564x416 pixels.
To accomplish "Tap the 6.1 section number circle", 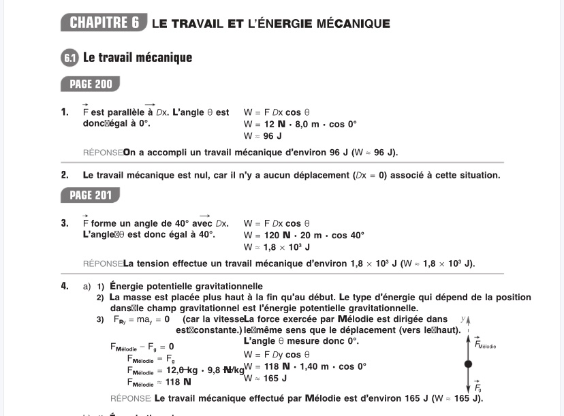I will (x=70, y=58).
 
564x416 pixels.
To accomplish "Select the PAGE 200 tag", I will (x=90, y=84).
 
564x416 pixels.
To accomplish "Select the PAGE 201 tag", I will (x=90, y=195).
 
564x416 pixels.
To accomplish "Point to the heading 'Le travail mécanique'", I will (x=138, y=58).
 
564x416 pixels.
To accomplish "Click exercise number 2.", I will (x=65, y=175).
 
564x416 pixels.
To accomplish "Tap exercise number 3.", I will (x=65, y=223).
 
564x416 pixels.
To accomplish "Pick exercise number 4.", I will (x=65, y=286).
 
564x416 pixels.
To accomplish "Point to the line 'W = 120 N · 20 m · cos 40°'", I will (x=304, y=236).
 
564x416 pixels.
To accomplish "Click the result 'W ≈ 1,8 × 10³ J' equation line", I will (x=277, y=247).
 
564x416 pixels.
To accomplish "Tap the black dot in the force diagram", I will (x=468, y=365).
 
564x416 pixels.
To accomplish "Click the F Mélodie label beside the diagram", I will (x=484, y=345).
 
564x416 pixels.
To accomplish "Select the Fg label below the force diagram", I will (x=478, y=387).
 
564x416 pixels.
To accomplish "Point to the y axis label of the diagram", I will (x=463, y=318).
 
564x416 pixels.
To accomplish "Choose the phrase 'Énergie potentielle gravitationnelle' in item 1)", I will (x=186, y=286).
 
